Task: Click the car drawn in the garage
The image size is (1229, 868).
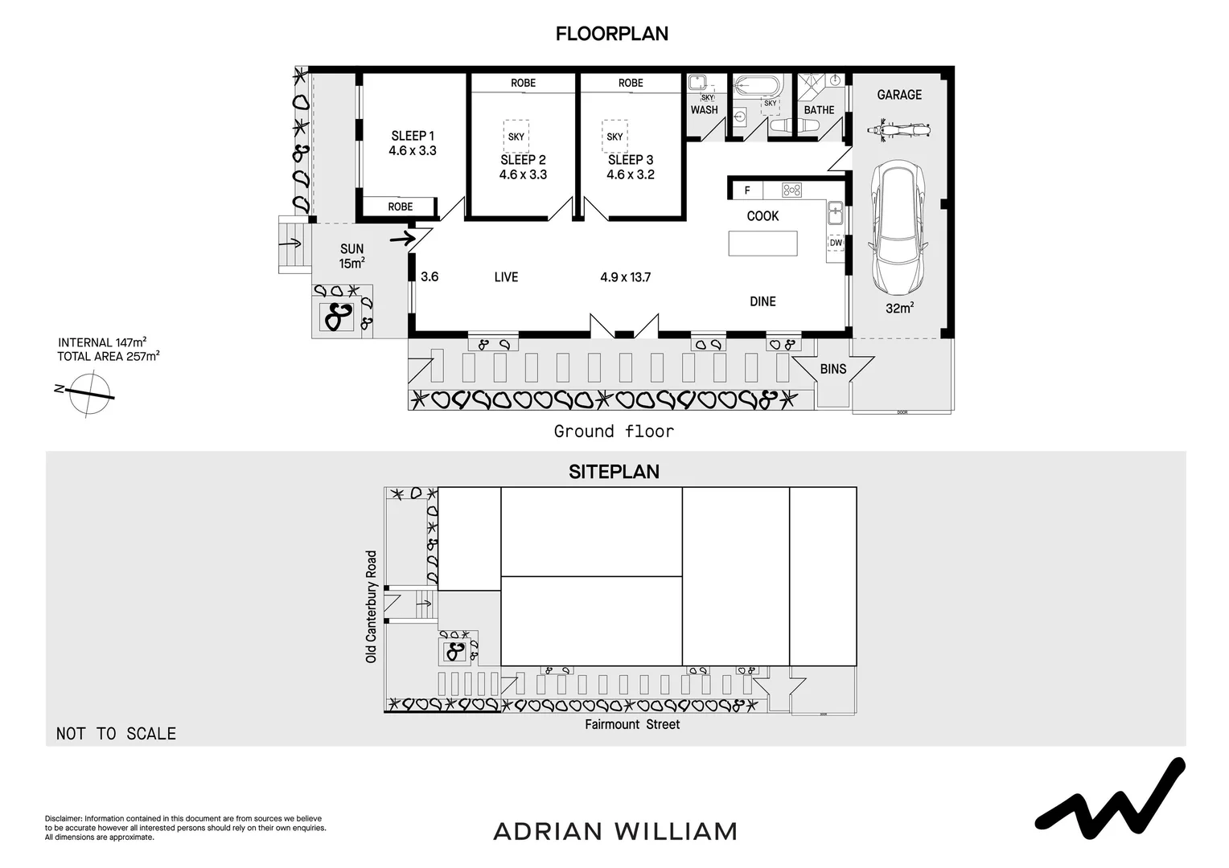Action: coord(898,230)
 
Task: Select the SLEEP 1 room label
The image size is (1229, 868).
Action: coord(413,136)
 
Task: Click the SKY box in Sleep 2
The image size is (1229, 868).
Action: coord(516,137)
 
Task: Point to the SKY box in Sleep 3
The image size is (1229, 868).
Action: coord(614,137)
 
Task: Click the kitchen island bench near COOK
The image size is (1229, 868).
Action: coord(762,244)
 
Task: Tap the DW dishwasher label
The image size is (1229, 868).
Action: coord(836,243)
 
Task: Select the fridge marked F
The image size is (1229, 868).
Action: coord(747,190)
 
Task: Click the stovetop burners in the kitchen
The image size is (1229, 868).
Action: coord(792,190)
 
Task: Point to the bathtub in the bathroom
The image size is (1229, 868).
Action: coord(758,85)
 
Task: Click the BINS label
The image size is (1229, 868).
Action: coord(833,369)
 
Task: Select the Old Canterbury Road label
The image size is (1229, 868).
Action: coord(371,606)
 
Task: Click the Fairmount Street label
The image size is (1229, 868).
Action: coord(632,725)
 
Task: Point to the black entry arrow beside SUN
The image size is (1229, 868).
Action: coord(401,238)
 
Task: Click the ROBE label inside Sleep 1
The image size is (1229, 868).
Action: coord(400,207)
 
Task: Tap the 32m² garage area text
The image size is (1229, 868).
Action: coord(898,308)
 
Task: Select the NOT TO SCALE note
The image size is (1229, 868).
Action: coord(116,733)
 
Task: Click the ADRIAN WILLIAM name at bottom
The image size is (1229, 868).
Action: coord(614,831)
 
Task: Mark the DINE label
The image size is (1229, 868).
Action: coord(762,301)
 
